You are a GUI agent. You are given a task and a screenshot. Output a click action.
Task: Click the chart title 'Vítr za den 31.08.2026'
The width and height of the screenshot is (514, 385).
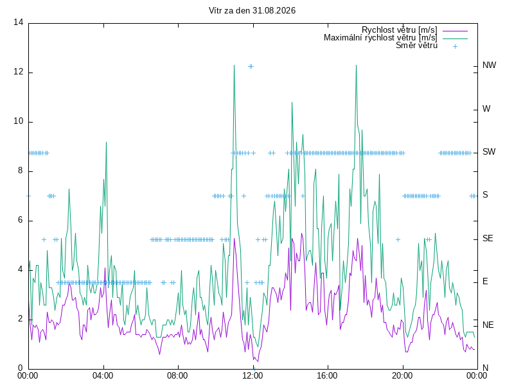pyautogui.click(x=252, y=10)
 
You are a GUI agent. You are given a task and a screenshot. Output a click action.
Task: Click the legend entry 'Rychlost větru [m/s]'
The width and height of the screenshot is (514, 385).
pyautogui.click(x=399, y=30)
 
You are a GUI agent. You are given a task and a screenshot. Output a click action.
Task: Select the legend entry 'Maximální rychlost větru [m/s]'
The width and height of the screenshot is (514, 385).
pyautogui.click(x=380, y=38)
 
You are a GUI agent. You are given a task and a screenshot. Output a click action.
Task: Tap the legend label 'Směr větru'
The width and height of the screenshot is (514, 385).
pyautogui.click(x=416, y=45)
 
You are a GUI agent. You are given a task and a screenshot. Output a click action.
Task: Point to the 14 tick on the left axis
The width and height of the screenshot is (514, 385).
pyautogui.click(x=19, y=22)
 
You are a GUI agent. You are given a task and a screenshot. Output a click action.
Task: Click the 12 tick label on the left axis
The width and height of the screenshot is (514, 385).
pyautogui.click(x=19, y=72)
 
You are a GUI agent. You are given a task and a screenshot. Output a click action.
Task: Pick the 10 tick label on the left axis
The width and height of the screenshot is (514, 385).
pyautogui.click(x=19, y=121)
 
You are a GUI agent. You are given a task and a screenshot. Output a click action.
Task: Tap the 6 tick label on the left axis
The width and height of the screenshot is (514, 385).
pyautogui.click(x=21, y=220)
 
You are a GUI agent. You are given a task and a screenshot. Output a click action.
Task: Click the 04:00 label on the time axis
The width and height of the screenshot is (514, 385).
pyautogui.click(x=103, y=375)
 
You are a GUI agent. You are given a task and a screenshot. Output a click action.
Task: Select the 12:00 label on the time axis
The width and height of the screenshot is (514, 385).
pyautogui.click(x=253, y=375)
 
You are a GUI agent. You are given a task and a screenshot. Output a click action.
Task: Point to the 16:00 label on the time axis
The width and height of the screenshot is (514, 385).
pyautogui.click(x=327, y=375)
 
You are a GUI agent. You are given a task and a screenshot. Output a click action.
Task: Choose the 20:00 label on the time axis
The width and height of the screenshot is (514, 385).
pyautogui.click(x=402, y=375)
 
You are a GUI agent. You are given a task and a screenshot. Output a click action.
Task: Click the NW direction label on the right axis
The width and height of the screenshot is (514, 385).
pyautogui.click(x=489, y=65)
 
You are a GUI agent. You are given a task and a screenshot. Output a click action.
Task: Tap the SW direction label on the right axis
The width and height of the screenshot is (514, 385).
pyautogui.click(x=489, y=151)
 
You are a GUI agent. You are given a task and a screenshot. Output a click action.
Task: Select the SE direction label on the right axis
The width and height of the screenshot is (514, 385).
pyautogui.click(x=488, y=238)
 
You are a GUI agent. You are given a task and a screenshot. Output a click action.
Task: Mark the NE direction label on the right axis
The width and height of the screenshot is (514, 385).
pyautogui.click(x=488, y=325)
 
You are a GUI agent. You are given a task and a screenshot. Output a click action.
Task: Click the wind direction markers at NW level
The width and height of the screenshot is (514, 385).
pyautogui.click(x=251, y=67)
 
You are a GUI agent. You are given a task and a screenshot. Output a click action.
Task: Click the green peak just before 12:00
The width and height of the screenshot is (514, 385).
pyautogui.click(x=234, y=65)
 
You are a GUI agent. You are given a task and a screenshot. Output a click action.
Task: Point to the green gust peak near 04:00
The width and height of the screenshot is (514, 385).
pyautogui.click(x=106, y=142)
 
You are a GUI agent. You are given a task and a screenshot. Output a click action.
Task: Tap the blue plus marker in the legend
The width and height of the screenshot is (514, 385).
pyautogui.click(x=455, y=46)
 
